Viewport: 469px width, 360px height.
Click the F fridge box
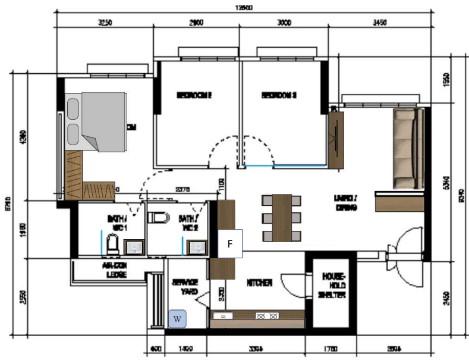[x=230, y=243]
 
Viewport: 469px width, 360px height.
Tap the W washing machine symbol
[x=177, y=320]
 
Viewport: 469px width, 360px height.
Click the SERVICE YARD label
[x=184, y=287]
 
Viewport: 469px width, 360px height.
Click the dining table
[x=282, y=218]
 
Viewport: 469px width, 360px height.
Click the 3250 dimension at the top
[x=104, y=23]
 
